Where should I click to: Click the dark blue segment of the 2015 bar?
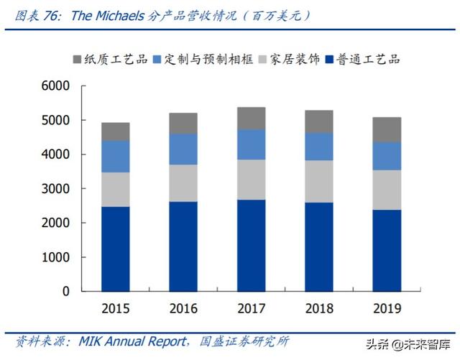pyautogui.click(x=115, y=249)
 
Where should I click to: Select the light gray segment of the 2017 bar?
pyautogui.click(x=252, y=180)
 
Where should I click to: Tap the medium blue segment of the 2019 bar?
pyautogui.click(x=387, y=156)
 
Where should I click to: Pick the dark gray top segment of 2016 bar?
pyautogui.click(x=183, y=123)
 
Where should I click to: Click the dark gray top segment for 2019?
pyautogui.click(x=387, y=129)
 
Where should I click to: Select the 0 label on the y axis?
pyautogui.click(x=65, y=292)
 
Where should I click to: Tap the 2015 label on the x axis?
pyautogui.click(x=115, y=309)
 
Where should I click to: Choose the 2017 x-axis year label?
pyautogui.click(x=252, y=309)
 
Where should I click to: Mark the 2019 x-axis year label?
pyautogui.click(x=387, y=309)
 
